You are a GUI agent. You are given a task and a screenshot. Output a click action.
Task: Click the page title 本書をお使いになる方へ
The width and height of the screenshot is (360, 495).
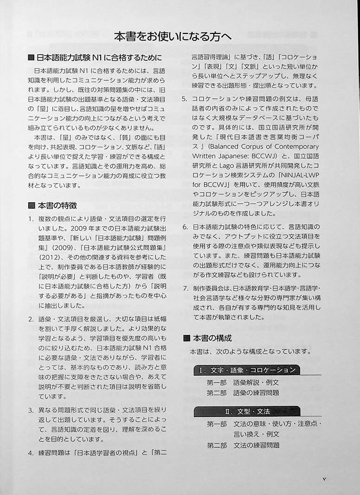pyautogui.click(x=173, y=36)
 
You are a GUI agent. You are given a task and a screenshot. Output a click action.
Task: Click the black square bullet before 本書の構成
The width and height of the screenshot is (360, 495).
pyautogui.click(x=186, y=338)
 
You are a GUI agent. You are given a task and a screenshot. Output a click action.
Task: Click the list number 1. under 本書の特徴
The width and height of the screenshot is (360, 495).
pyautogui.click(x=31, y=219)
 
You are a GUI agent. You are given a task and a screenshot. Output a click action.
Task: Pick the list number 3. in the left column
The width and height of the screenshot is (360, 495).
pyautogui.click(x=31, y=410)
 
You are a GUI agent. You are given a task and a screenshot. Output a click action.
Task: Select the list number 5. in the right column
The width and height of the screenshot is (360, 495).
pyautogui.click(x=185, y=99)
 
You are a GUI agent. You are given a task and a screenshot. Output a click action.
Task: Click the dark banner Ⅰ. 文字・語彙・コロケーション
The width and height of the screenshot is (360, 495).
pyautogui.click(x=247, y=370)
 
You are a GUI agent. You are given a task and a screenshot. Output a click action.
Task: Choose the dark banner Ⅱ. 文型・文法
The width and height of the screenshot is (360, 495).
pyautogui.click(x=247, y=411)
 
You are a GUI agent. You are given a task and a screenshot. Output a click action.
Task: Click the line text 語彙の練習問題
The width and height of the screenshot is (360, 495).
pyautogui.click(x=256, y=392)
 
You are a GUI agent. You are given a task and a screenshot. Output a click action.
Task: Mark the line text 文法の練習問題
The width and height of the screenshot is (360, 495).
pyautogui.click(x=256, y=445)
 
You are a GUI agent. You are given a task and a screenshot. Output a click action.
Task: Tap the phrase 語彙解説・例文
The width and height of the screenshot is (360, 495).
pyautogui.click(x=256, y=382)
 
